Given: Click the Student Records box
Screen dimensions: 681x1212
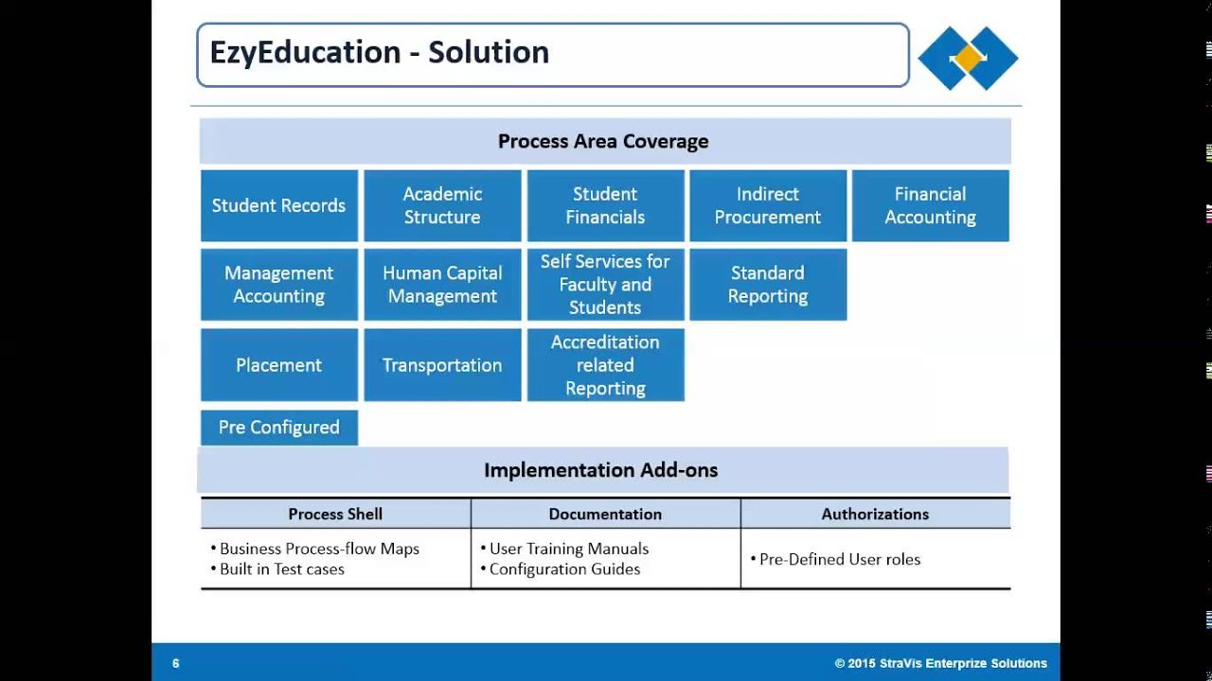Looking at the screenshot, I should [x=279, y=205].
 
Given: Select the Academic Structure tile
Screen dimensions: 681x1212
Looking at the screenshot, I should [x=442, y=205].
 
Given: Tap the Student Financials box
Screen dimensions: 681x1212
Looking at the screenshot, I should [x=605, y=205].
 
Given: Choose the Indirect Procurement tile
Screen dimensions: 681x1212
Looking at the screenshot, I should [x=768, y=205].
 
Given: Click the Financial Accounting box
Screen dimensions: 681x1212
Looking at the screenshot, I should [x=930, y=205].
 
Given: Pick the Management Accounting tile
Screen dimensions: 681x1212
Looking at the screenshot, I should [x=279, y=285].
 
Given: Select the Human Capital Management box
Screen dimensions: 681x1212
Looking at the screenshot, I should [x=442, y=285].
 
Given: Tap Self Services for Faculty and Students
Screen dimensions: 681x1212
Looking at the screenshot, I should [x=605, y=285].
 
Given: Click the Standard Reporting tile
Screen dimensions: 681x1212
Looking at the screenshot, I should [x=768, y=285].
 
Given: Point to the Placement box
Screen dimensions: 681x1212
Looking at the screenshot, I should [x=279, y=365].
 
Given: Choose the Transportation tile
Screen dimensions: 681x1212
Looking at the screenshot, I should [x=442, y=365].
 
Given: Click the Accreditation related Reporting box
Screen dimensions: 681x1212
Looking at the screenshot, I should [x=605, y=365].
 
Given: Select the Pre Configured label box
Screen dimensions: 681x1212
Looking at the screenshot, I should [x=279, y=428].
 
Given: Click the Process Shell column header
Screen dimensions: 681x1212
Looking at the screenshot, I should [x=335, y=515].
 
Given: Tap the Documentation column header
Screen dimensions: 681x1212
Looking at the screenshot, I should [x=605, y=515].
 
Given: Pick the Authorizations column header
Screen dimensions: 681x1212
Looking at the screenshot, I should [x=875, y=515].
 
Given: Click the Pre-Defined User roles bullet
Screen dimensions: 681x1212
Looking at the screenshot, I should [x=839, y=559].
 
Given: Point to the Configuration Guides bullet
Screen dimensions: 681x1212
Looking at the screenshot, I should [x=563, y=569].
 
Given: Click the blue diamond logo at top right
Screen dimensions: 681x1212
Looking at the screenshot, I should [x=968, y=58].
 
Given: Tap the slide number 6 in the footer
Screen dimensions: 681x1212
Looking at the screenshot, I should [x=176, y=663].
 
